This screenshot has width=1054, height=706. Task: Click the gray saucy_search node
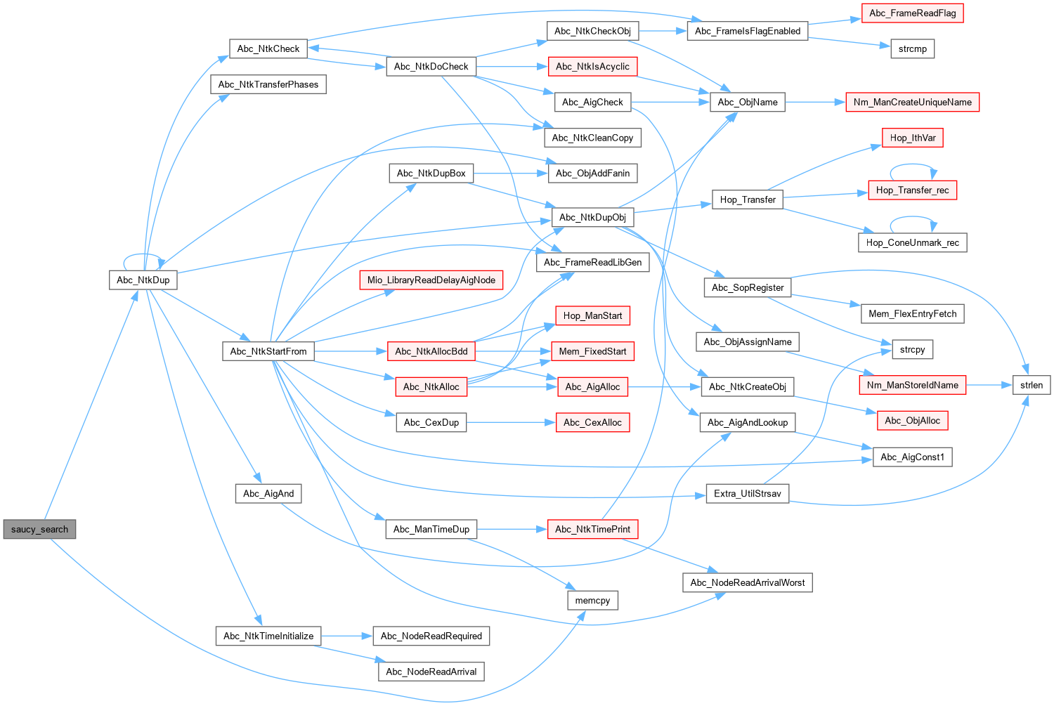click(x=39, y=529)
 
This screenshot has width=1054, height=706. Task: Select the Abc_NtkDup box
click(x=143, y=280)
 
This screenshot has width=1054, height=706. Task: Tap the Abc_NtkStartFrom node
click(x=268, y=351)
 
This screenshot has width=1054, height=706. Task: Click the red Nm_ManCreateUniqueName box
click(x=912, y=102)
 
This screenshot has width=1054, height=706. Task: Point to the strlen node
click(x=1032, y=385)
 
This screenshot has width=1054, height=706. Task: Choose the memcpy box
click(x=592, y=601)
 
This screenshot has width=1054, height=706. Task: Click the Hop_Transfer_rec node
click(x=912, y=190)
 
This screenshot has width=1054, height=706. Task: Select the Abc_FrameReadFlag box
click(x=912, y=13)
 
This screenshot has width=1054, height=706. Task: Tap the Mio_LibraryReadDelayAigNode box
click(x=431, y=280)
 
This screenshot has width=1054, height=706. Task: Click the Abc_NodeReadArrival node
click(x=431, y=672)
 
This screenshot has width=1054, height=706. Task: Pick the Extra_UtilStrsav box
click(x=747, y=494)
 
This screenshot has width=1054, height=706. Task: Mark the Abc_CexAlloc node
click(x=592, y=422)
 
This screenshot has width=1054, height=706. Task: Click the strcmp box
click(x=912, y=49)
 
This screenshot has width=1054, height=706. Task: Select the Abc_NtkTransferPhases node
click(x=268, y=84)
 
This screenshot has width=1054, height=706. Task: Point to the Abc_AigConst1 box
click(x=912, y=457)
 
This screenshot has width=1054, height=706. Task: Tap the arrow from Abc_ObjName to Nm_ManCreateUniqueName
click(x=815, y=102)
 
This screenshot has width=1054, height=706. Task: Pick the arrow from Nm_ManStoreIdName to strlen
click(x=989, y=385)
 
